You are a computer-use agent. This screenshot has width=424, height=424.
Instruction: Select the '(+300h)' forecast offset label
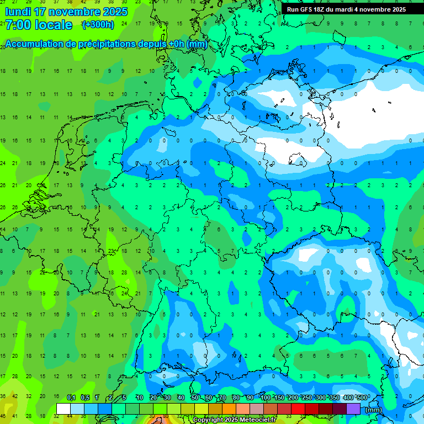(x=98, y=25)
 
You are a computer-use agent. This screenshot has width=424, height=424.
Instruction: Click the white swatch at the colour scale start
(x=63, y=409)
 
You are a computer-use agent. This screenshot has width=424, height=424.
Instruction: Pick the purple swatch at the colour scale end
(x=353, y=409)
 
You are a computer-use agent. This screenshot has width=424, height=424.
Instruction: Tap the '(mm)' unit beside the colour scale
(x=373, y=410)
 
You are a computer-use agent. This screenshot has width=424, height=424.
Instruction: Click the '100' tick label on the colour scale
(x=266, y=398)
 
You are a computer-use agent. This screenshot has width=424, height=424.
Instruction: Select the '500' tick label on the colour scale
(x=362, y=398)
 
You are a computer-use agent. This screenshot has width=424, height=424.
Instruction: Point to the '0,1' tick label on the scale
(x=71, y=398)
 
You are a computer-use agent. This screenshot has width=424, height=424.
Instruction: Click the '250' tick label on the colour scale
(x=307, y=398)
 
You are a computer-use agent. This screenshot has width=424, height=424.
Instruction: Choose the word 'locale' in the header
(x=54, y=25)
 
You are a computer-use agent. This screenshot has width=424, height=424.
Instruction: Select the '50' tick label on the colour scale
(x=195, y=398)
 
